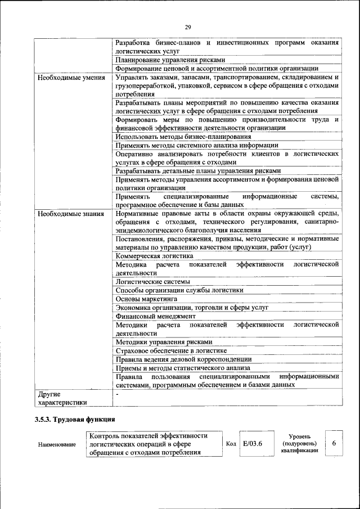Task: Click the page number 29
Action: [188, 27]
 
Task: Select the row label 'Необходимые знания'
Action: [70, 214]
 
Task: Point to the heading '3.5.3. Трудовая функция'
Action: [75, 419]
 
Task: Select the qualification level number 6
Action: [334, 443]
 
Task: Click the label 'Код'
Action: [231, 444]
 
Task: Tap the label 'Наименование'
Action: [57, 444]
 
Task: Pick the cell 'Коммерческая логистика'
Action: [154, 255]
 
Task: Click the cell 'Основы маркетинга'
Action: [146, 299]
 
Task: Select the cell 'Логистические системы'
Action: [152, 281]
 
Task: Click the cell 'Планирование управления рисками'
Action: [170, 60]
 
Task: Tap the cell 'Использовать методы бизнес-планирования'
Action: [183, 137]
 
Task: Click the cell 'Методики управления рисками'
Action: [164, 341]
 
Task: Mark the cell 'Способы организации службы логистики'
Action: [179, 290]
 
